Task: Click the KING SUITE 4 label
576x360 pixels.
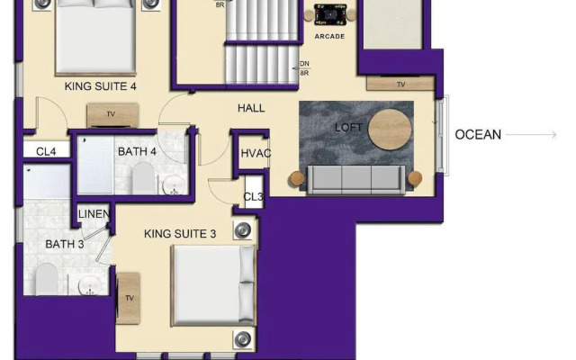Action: click(100, 86)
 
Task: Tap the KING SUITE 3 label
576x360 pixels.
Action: click(180, 234)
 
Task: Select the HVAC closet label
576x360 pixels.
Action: click(256, 153)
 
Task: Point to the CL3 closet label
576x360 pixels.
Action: click(254, 197)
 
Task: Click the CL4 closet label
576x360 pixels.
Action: click(46, 151)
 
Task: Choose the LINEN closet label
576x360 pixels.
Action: click(94, 214)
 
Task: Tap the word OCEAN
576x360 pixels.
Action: click(478, 135)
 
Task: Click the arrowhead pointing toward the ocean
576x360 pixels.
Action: click(553, 135)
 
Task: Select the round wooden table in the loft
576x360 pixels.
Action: click(390, 130)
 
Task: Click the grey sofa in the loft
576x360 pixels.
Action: click(356, 180)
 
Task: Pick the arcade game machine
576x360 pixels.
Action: click(330, 14)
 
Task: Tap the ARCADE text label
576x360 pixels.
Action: click(329, 36)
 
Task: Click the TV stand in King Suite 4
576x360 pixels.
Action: click(112, 115)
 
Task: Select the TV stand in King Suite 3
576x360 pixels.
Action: click(128, 298)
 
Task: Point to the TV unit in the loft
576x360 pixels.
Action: click(400, 84)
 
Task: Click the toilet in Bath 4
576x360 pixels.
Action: click(143, 178)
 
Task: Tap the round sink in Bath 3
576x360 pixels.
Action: click(90, 286)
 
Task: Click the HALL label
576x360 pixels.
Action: click(251, 108)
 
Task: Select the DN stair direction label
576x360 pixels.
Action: click(304, 64)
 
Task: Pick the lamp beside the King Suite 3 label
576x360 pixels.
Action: click(243, 230)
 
